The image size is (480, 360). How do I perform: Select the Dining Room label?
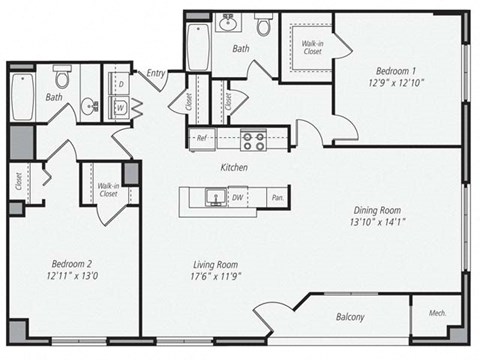point(377,210)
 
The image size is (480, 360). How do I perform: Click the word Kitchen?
point(234,167)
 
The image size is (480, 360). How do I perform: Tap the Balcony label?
point(349,318)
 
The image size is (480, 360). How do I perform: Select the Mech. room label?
point(436,314)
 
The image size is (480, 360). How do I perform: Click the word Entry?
point(156,73)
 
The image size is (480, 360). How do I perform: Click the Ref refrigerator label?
point(201,138)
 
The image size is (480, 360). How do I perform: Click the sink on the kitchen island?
point(212,197)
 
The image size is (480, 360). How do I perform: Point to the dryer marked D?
point(120,85)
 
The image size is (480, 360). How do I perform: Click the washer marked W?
point(120,106)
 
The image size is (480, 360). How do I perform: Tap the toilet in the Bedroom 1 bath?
point(264,26)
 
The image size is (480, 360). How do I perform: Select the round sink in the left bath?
point(89,104)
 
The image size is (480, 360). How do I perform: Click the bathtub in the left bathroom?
point(23,96)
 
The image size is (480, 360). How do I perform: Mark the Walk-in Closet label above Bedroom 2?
point(108,189)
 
